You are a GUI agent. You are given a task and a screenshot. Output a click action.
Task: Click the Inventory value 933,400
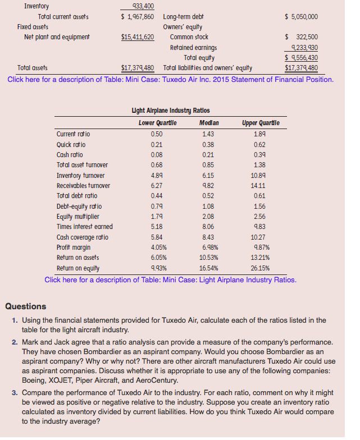[142, 7]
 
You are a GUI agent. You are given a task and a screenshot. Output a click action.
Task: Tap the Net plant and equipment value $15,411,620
[138, 37]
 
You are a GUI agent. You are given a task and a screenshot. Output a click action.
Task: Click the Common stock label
[189, 37]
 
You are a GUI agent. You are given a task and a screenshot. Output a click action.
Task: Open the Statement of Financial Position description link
[170, 79]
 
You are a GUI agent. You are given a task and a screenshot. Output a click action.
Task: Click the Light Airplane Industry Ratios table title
[170, 111]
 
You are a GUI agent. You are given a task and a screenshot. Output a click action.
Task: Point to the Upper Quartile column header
[261, 123]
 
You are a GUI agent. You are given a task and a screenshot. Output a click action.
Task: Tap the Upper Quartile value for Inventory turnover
[260, 175]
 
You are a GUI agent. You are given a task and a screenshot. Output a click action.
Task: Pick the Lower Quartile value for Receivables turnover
[157, 185]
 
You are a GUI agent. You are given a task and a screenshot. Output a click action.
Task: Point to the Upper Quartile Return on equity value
[260, 268]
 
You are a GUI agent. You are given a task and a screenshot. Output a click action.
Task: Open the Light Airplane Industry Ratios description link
[170, 279]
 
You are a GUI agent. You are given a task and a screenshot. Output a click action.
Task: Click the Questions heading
[26, 306]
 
